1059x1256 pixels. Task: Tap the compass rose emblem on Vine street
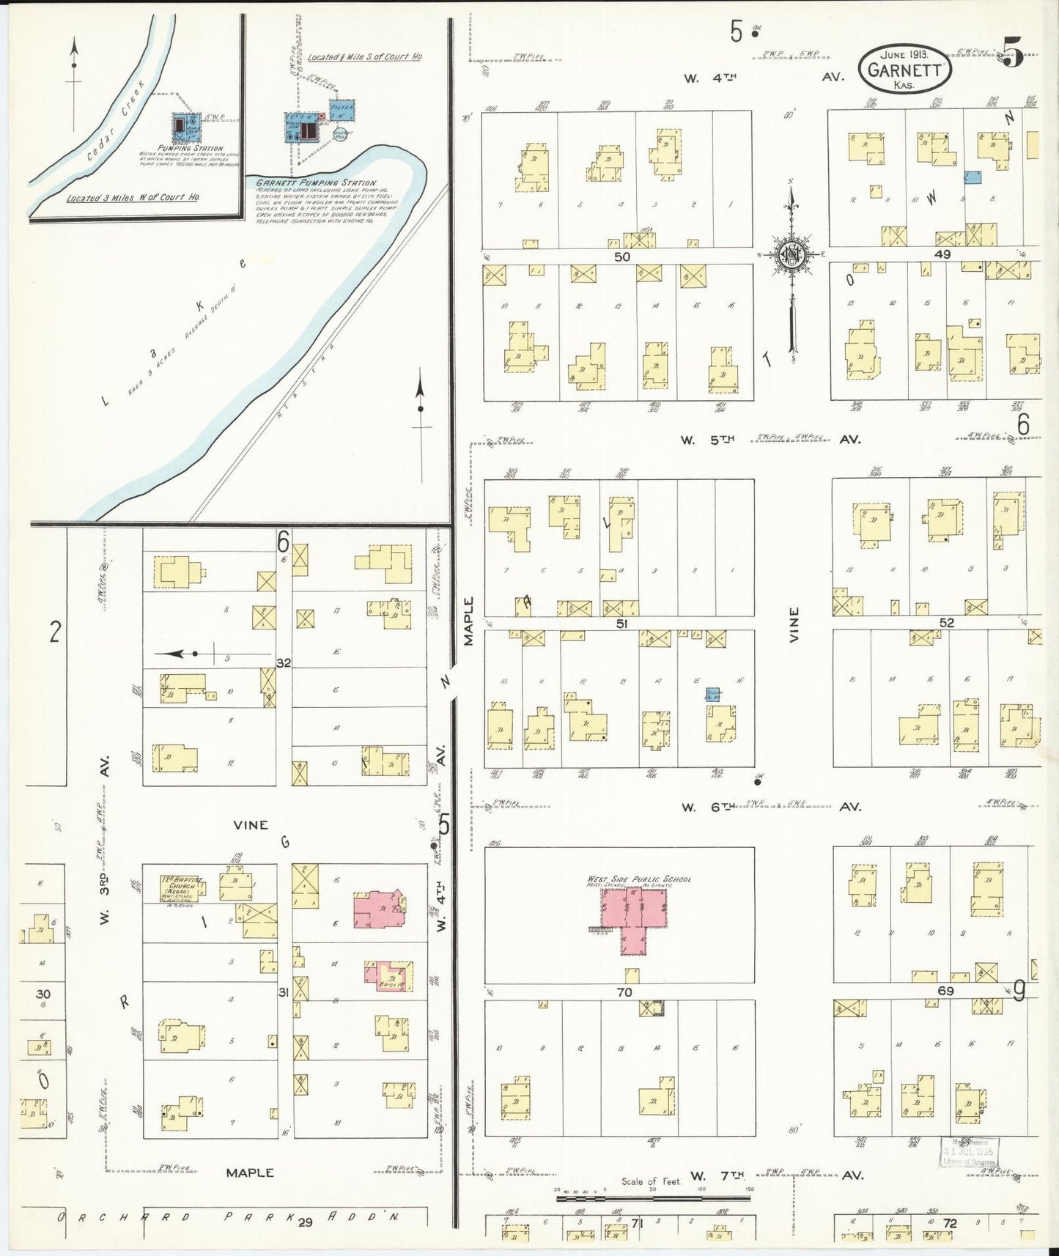[x=792, y=255]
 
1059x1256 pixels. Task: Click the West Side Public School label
[x=639, y=879]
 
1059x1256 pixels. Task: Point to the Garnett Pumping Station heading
[x=316, y=182]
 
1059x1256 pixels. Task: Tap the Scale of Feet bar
[x=652, y=1199]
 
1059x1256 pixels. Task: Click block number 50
[x=622, y=257]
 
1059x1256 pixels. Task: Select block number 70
[x=624, y=993]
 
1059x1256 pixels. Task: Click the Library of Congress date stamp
[x=970, y=1152]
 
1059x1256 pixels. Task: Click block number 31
[x=284, y=992]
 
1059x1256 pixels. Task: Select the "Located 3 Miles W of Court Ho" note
[x=133, y=198]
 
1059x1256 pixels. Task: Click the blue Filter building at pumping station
[x=342, y=111]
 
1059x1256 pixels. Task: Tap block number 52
[x=947, y=623]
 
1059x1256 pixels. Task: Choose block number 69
[x=945, y=991]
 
